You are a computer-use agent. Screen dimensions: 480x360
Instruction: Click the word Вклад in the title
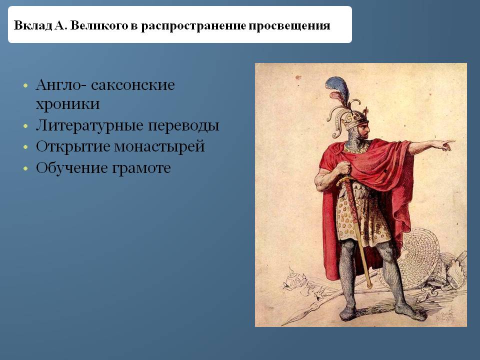[x=33, y=25]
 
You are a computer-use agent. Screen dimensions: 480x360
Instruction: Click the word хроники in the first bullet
[x=67, y=104]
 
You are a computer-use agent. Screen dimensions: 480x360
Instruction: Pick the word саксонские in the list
[x=133, y=85]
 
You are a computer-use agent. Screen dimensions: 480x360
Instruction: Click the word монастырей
[x=159, y=147]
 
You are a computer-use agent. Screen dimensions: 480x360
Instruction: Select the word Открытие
[x=73, y=146]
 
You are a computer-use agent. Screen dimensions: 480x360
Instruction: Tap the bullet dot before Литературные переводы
[x=25, y=126]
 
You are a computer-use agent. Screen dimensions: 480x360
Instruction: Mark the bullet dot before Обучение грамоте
[x=25, y=168]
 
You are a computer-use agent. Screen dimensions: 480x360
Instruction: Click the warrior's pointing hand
[x=445, y=144]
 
